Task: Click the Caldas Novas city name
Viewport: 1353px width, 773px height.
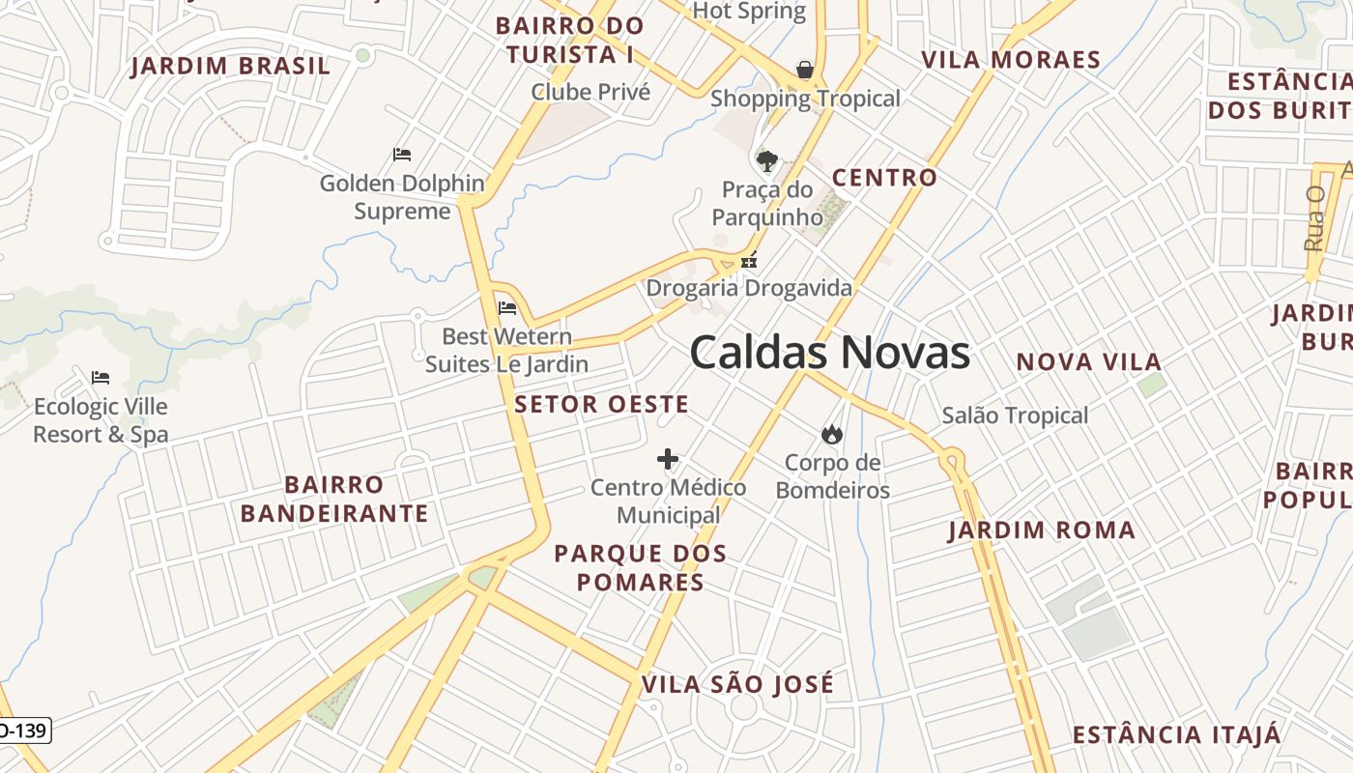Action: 829,353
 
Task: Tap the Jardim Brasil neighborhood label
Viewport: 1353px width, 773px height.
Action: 230,67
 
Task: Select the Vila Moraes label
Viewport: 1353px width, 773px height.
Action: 1011,60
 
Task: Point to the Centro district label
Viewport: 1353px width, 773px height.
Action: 884,178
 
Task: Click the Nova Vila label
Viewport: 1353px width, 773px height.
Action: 1088,362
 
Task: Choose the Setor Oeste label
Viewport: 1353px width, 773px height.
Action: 601,405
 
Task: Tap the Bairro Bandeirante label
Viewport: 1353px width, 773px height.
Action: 334,499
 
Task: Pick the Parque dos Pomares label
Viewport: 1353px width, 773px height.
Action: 640,568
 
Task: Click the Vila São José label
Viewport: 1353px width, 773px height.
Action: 737,685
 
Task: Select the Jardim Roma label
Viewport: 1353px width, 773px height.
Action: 1042,530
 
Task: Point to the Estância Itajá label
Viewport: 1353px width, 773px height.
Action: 1176,734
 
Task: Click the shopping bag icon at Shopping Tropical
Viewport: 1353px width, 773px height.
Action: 804,70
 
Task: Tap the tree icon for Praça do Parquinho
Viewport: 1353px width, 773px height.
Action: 767,160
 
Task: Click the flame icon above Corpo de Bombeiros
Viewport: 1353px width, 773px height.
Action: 831,435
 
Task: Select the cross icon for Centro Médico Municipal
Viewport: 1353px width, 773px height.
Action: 668,459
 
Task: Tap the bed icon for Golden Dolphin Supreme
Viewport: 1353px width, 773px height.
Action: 402,155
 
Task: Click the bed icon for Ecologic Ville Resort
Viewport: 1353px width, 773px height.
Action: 101,378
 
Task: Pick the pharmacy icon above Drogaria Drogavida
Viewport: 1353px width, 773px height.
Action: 749,260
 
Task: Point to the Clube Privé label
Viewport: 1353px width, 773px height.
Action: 590,92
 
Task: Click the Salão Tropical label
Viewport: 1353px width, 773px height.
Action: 1015,415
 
